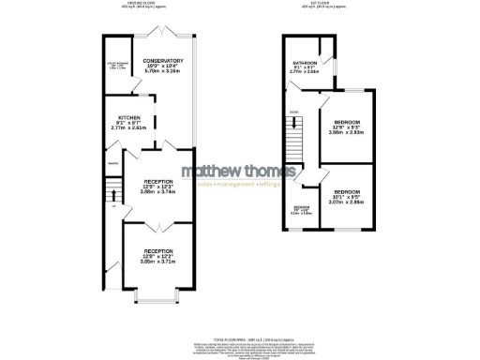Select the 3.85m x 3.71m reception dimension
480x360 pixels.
pyautogui.click(x=157, y=262)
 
